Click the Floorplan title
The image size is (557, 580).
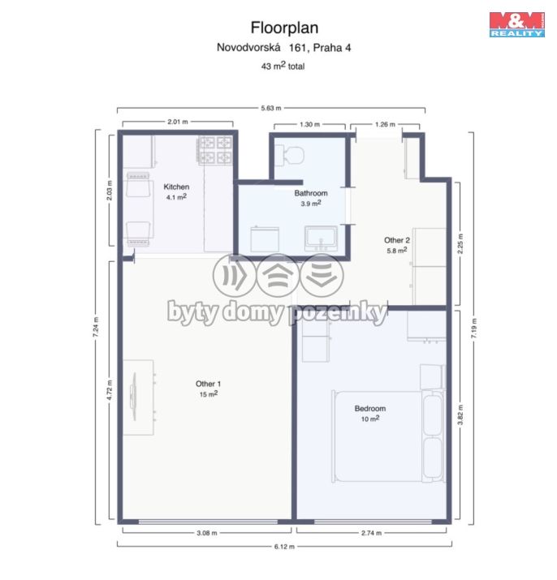(284, 28)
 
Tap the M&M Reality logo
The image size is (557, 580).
(517, 24)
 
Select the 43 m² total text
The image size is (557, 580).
(283, 66)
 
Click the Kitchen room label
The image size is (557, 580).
(176, 187)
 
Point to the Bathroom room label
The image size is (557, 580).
(311, 193)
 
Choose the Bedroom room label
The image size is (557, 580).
(370, 408)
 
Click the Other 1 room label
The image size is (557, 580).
(208, 384)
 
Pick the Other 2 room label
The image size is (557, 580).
(397, 240)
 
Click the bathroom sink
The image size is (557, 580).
(321, 237)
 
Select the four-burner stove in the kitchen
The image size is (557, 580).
(215, 150)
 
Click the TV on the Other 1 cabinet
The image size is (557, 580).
(133, 397)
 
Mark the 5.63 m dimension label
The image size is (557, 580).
(271, 108)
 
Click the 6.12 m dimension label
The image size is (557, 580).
(284, 546)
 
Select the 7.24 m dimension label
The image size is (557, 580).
(96, 327)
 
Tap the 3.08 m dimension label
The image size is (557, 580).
(207, 533)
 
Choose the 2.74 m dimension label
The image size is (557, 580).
(371, 533)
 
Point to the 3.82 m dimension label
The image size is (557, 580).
(460, 415)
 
